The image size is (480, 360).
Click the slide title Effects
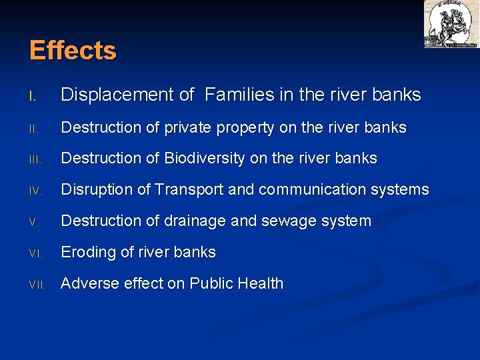click(73, 51)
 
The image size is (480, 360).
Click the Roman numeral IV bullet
click(36, 191)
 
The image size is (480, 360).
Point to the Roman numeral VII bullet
click(37, 285)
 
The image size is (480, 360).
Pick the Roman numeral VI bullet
click(36, 253)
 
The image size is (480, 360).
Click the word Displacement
click(117, 95)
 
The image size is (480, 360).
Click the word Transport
click(191, 190)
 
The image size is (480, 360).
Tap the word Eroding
click(90, 253)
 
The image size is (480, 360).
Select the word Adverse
click(89, 283)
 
